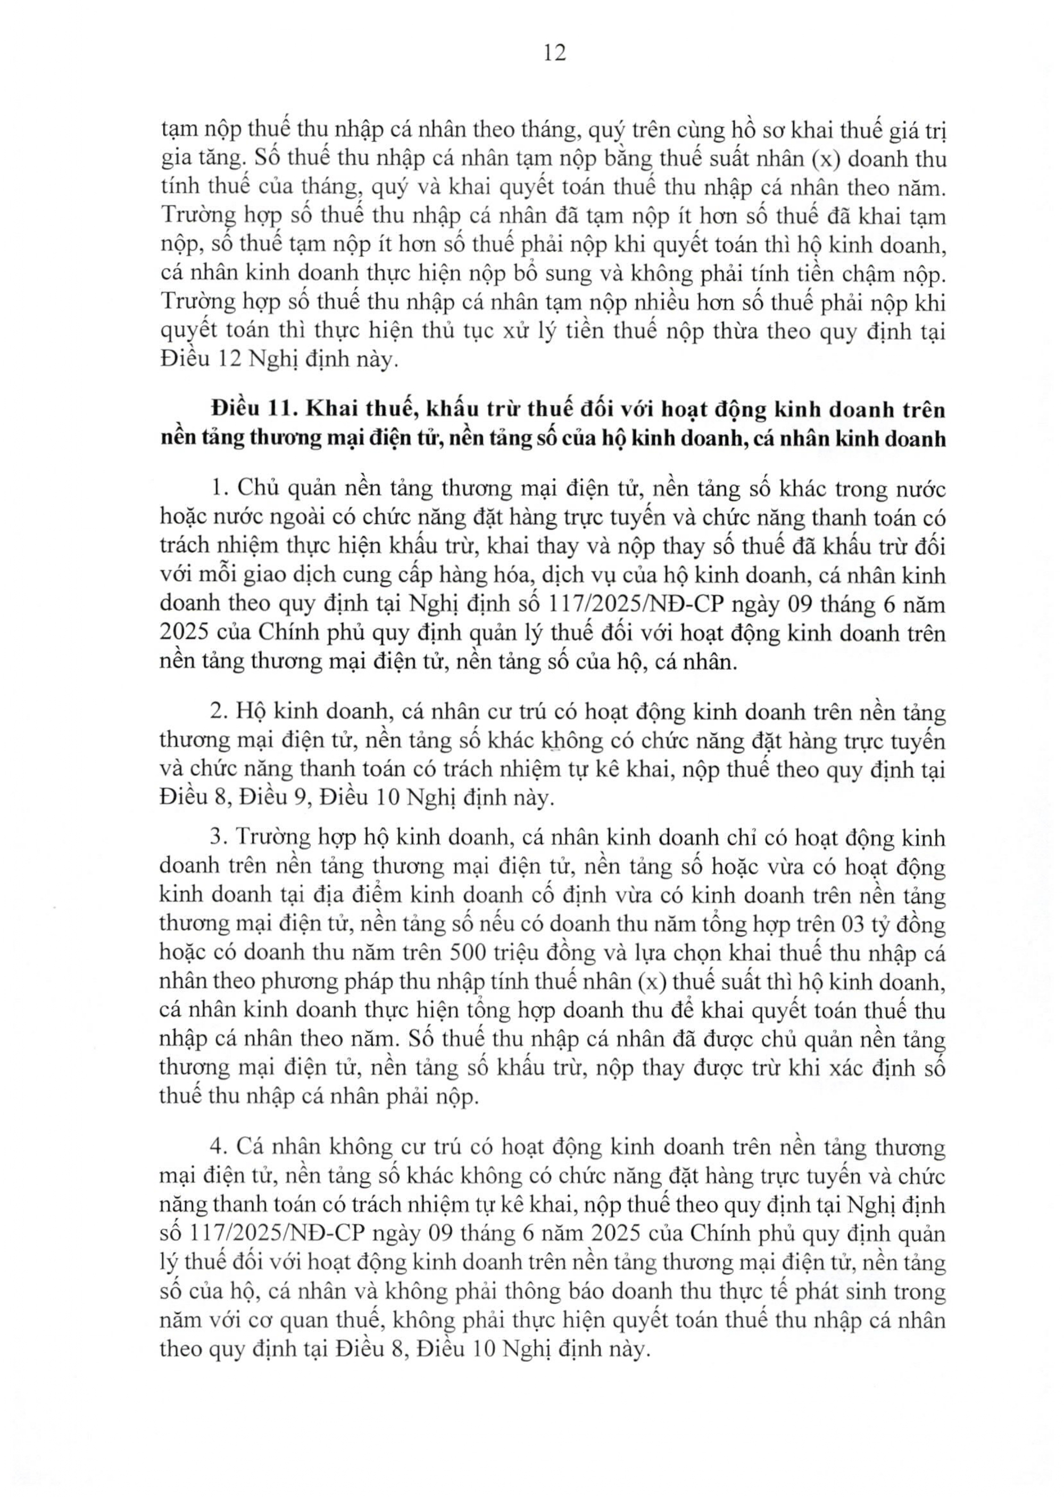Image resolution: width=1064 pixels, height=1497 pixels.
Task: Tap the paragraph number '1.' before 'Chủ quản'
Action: tap(219, 489)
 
